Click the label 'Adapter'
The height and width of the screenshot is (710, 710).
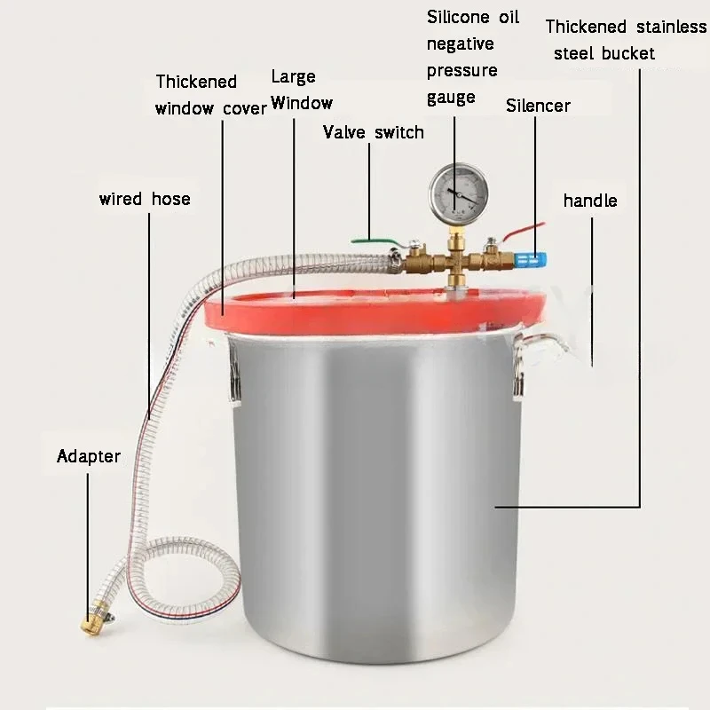(88, 457)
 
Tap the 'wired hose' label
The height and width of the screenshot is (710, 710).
(144, 198)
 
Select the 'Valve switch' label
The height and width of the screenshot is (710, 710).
(373, 133)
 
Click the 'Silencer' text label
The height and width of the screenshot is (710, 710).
(538, 106)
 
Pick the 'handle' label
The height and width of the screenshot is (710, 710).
(589, 201)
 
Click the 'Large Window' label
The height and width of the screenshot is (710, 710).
(301, 91)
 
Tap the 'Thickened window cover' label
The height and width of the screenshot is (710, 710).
(209, 95)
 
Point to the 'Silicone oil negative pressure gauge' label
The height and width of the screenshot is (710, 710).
(472, 57)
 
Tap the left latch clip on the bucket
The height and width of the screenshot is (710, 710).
(233, 373)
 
